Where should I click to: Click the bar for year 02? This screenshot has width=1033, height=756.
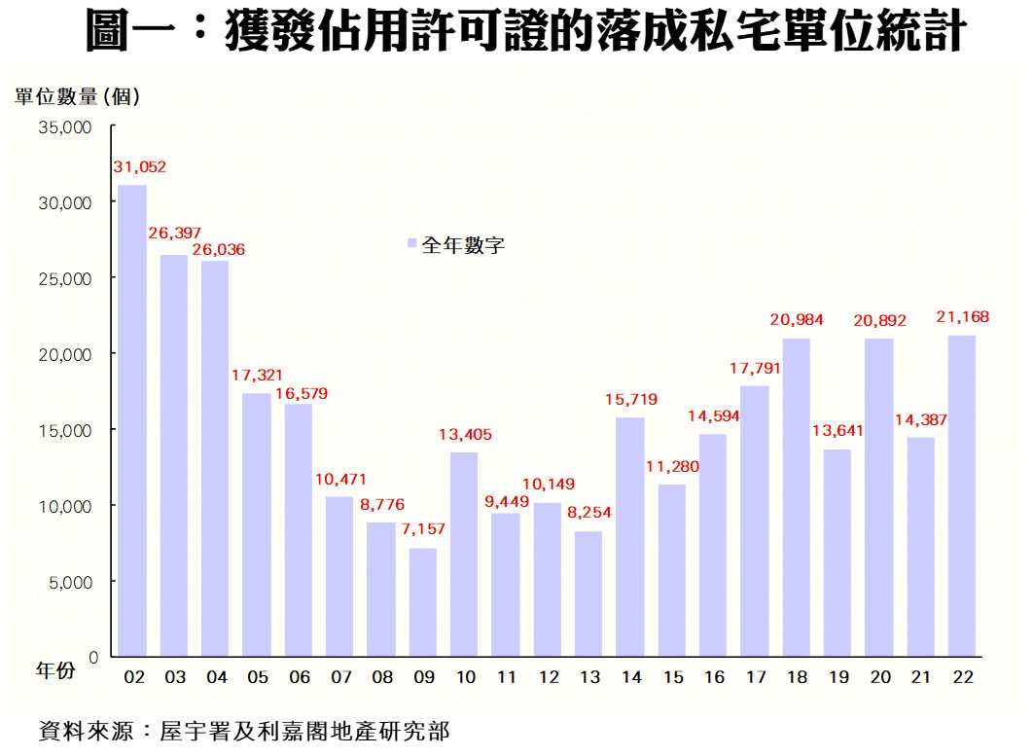(132, 420)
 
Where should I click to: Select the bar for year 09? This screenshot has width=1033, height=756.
(423, 602)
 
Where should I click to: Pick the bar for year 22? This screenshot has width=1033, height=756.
(962, 496)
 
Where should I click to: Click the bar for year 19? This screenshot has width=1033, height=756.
(837, 553)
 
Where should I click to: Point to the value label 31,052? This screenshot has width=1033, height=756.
(140, 167)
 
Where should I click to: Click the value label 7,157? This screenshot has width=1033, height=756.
(425, 530)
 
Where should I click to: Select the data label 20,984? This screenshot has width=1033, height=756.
(797, 320)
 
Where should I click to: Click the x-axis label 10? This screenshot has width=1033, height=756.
(465, 676)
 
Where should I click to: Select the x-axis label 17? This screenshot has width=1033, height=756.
(755, 676)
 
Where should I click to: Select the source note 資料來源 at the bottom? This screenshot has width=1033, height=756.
(243, 731)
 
